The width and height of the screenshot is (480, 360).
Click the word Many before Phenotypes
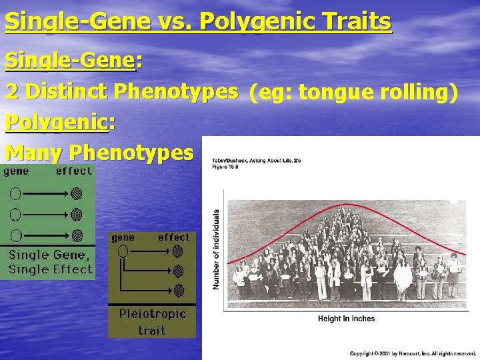tap(34, 153)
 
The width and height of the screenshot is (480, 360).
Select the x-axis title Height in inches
tap(346, 319)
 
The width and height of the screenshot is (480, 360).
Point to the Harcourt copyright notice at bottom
tap(413, 353)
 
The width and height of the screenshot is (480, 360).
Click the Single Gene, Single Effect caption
tap(50, 262)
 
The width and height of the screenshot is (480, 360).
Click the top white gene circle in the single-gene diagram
tap(15, 194)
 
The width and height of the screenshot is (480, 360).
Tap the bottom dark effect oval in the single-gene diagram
tap(77, 235)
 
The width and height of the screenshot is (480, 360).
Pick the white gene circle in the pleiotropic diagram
tap(122, 251)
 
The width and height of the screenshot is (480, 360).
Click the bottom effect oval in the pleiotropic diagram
tap(178, 290)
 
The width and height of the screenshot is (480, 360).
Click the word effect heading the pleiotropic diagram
tap(173, 237)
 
